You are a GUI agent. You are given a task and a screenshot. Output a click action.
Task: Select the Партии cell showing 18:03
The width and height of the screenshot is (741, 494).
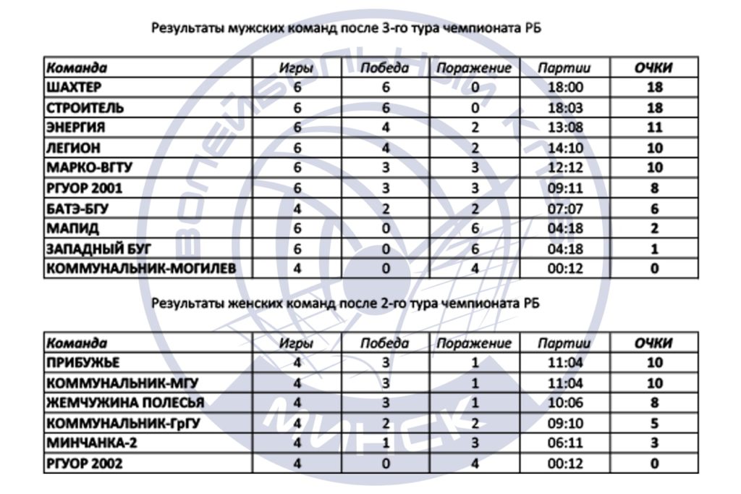pos(564,108)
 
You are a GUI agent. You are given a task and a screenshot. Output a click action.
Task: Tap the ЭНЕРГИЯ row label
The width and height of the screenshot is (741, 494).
pos(75,127)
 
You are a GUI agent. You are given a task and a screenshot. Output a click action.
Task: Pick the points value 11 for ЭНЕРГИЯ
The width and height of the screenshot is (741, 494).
pos(653,127)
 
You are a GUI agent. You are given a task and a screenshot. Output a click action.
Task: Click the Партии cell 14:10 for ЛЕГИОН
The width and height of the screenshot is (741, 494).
pos(564,148)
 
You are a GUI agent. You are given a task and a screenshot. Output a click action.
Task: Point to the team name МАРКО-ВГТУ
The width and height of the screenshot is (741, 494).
pos(89,168)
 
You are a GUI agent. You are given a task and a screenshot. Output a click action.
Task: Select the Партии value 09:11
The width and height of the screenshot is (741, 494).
pos(564,188)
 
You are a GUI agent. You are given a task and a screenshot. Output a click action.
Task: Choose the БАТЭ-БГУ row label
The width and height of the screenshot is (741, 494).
pos(80,209)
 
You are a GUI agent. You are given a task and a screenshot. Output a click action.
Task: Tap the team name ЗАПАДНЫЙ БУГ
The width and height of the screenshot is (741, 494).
pos(98,248)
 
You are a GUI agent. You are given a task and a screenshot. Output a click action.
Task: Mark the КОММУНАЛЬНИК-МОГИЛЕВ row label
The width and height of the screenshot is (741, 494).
pos(140,269)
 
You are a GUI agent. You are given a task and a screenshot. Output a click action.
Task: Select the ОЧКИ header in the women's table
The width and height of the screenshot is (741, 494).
pos(653,343)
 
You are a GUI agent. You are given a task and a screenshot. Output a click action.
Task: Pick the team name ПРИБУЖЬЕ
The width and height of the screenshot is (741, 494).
pos(82,363)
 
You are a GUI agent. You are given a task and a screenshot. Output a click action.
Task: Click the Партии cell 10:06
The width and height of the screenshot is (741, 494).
pos(564,403)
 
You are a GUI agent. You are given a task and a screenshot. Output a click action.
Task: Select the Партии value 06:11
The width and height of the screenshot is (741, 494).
pos(564,443)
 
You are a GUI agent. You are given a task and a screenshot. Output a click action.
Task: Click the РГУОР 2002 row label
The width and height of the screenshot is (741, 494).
pos(84,464)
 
